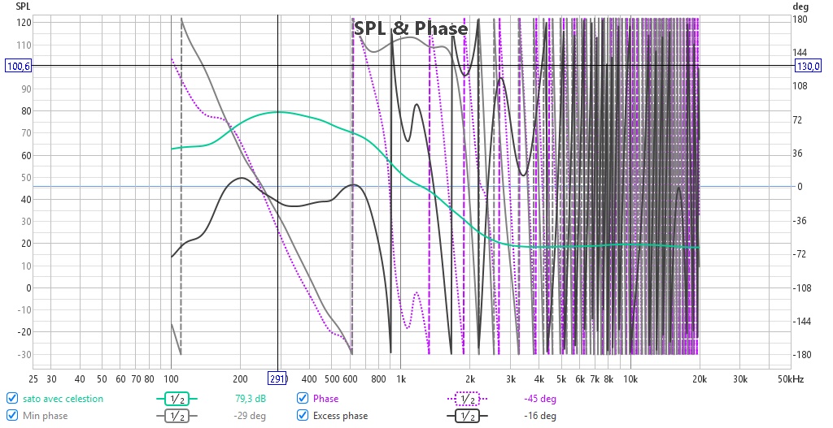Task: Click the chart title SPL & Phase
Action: coord(411,28)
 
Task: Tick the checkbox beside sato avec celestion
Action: coord(11,398)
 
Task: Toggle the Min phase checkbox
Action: coord(11,415)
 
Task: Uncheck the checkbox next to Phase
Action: coord(303,398)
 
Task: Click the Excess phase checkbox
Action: coord(303,415)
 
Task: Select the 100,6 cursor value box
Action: coord(19,66)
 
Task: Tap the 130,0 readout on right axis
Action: coord(808,66)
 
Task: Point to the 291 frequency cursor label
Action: coord(277,378)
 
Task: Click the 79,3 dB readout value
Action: coord(251,398)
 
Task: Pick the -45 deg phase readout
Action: coord(540,398)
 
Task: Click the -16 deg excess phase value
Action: coord(540,415)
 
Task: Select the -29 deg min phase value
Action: coord(250,415)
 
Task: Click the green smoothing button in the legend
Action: coord(177,398)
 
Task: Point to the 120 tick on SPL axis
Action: coord(24,22)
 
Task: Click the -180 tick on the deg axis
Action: coord(801,354)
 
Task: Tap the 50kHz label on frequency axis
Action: coord(791,378)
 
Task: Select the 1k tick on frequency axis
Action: coord(401,378)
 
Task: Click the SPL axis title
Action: coord(23,6)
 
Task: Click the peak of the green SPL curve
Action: coord(278,112)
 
